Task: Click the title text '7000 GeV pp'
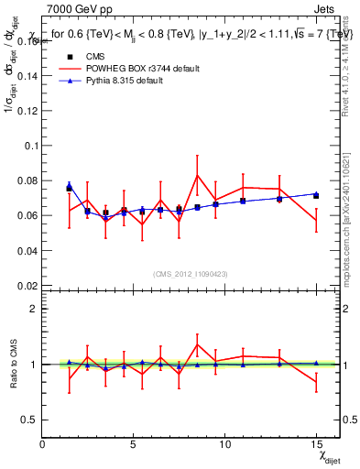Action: click(x=74, y=8)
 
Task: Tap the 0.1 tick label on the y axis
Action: click(x=30, y=146)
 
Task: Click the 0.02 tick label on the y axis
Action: click(x=27, y=286)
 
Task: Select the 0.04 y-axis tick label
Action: click(x=27, y=251)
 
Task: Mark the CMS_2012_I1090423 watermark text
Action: click(x=191, y=274)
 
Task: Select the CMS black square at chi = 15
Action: click(x=316, y=196)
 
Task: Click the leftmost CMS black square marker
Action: click(x=69, y=188)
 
